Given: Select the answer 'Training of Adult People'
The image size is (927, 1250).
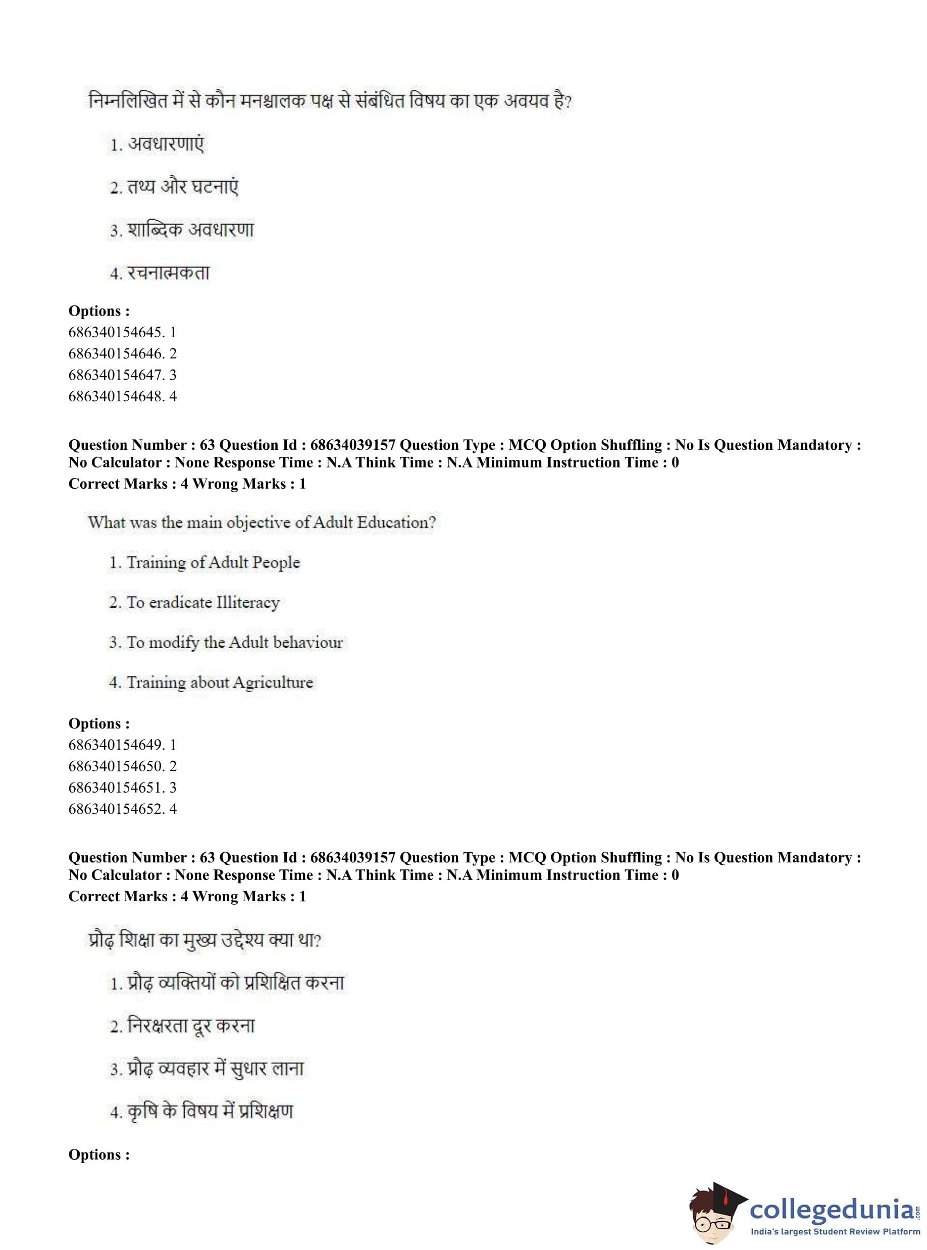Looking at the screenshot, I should tap(213, 562).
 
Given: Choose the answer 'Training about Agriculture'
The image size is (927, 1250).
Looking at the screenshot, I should tap(220, 682).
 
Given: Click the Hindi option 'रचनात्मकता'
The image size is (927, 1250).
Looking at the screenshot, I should tap(168, 273).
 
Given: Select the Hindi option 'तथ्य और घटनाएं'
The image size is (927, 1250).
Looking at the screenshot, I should tap(182, 187).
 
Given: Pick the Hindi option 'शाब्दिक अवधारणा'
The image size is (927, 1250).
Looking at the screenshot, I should tap(190, 230).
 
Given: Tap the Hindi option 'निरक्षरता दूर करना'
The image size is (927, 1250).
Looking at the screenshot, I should tap(191, 1025).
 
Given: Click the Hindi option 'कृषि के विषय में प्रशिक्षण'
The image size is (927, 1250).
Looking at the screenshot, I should tap(210, 1112).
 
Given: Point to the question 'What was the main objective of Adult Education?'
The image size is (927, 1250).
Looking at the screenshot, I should tap(262, 523).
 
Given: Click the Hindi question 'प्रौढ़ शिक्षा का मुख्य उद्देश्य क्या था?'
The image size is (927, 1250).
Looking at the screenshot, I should tap(205, 940).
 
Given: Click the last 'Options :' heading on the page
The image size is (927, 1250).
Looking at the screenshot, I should tap(99, 1155).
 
